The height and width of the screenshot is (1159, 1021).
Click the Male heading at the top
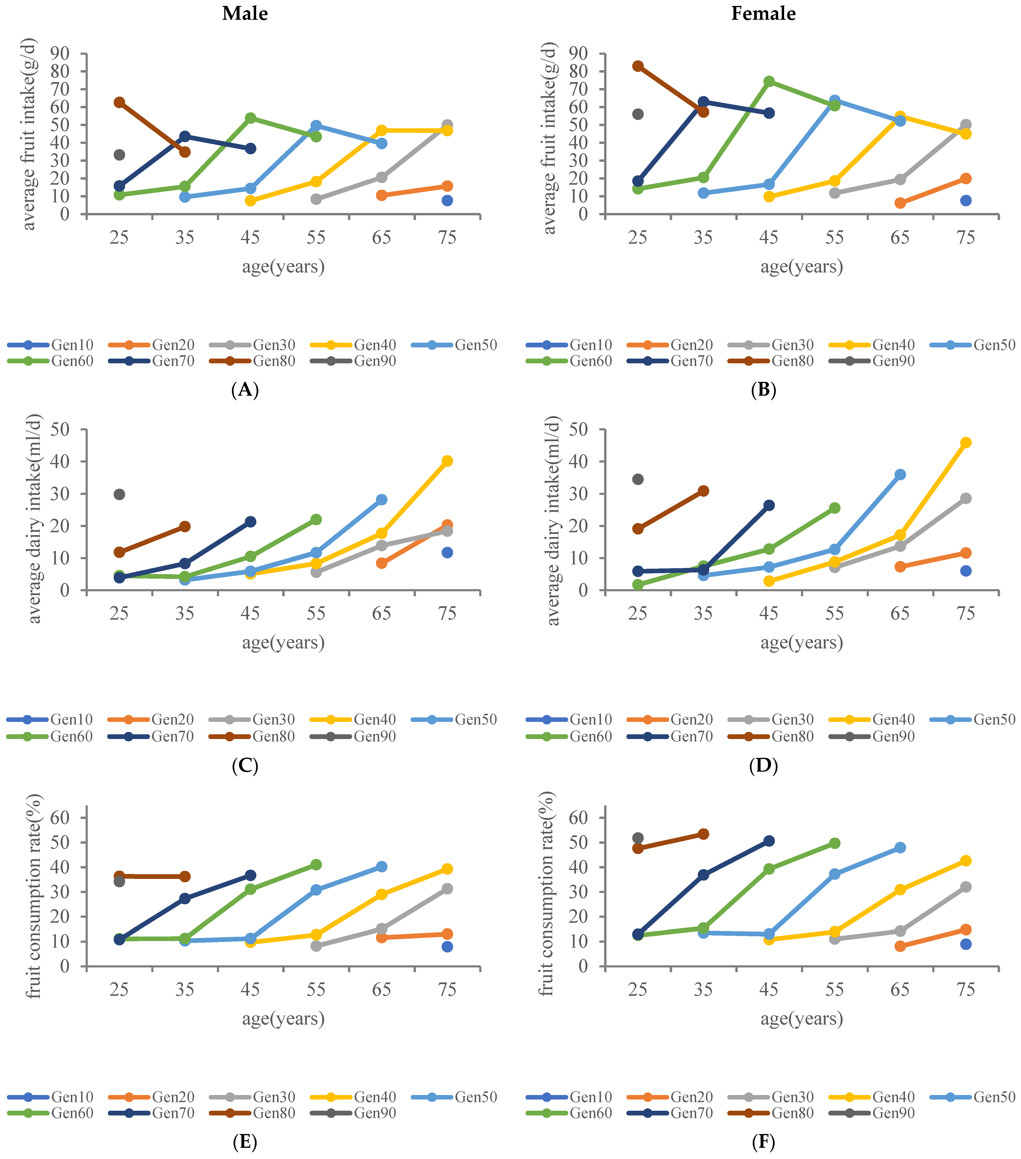pos(245,14)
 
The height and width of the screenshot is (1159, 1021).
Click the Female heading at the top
pos(763,14)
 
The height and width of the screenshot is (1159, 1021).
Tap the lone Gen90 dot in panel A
pos(119,155)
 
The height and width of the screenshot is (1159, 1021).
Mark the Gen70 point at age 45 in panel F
pos(769,841)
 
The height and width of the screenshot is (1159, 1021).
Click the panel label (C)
pos(245,766)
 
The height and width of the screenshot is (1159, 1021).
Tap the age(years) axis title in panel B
pos(802,266)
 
